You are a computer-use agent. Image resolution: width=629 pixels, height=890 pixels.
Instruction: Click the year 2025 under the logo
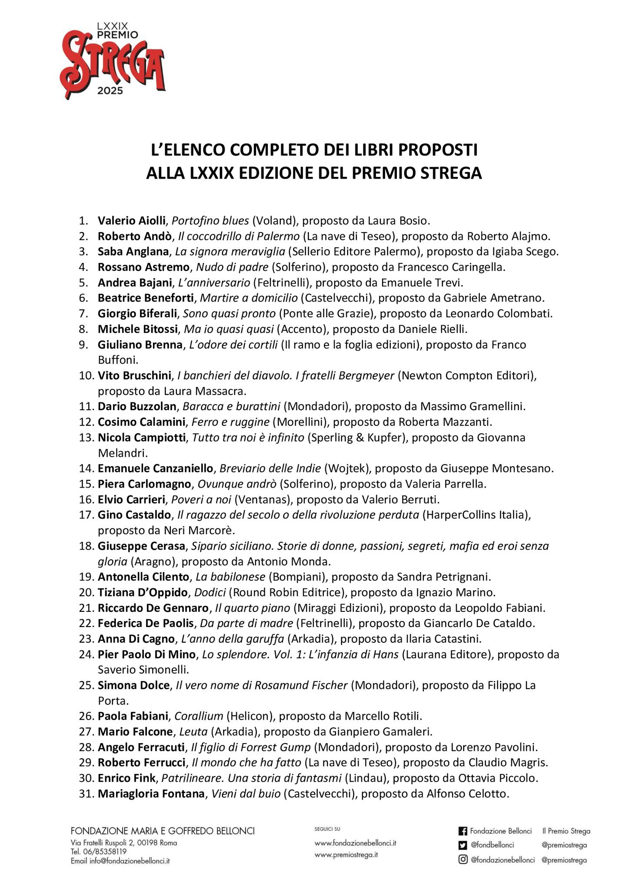click(x=110, y=91)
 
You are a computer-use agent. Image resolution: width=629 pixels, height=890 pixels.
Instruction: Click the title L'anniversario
click(x=214, y=283)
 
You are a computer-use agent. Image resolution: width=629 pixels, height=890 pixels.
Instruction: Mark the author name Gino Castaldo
click(x=134, y=515)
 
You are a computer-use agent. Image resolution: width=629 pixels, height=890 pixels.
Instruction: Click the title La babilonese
click(x=230, y=577)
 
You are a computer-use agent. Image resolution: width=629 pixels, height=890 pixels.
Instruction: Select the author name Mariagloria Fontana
click(x=151, y=794)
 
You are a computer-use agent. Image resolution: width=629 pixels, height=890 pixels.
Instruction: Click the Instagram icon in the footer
click(x=463, y=860)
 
